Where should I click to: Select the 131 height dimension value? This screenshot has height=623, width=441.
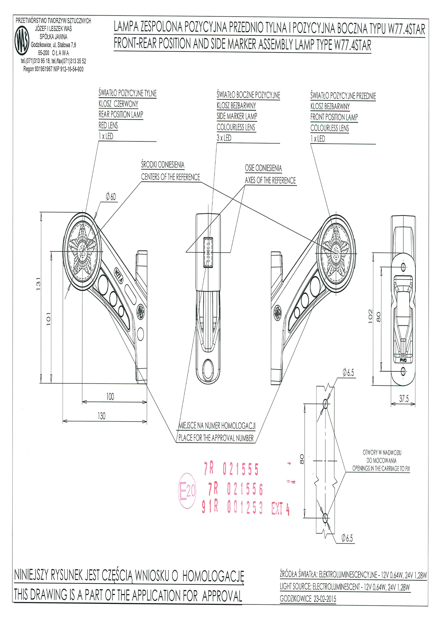click(38, 284)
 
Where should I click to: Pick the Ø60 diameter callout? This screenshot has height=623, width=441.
click(111, 196)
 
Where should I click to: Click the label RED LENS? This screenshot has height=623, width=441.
click(108, 125)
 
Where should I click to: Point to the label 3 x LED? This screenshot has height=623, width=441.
click(224, 138)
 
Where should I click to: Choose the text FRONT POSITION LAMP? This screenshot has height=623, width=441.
click(334, 117)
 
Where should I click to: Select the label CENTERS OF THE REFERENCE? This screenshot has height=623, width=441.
click(170, 177)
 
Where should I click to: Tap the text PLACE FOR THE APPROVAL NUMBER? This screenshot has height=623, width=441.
click(216, 438)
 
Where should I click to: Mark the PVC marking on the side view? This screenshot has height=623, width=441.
click(403, 360)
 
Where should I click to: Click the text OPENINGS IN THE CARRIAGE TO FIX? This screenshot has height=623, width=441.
click(381, 469)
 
